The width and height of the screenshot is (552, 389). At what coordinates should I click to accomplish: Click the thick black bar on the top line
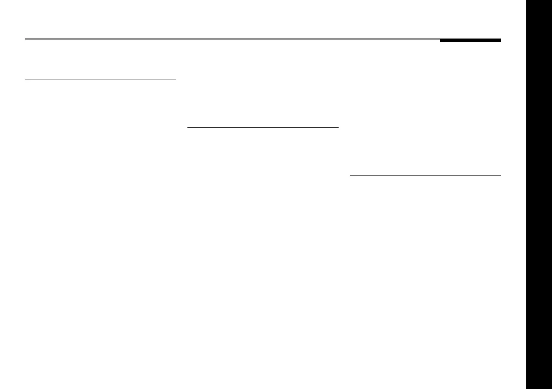click(x=470, y=41)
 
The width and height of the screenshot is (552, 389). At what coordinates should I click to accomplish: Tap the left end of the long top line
click(x=25, y=39)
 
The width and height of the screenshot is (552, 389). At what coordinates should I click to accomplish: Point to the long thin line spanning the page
click(x=232, y=39)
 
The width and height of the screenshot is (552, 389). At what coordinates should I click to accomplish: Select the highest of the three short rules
click(x=101, y=79)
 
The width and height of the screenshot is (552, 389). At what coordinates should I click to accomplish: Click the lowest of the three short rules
click(x=425, y=176)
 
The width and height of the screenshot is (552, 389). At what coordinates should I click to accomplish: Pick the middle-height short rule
click(x=263, y=127)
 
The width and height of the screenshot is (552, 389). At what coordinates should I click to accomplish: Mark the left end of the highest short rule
click(x=25, y=79)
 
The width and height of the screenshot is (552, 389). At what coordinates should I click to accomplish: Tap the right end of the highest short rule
click(x=176, y=79)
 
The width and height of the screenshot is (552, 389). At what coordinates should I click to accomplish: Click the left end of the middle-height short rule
click(x=187, y=127)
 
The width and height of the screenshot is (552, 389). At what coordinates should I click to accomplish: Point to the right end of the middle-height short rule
click(x=339, y=127)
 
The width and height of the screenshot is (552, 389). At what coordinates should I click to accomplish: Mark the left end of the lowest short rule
click(x=349, y=176)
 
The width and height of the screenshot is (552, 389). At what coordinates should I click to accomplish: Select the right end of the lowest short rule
click(x=501, y=176)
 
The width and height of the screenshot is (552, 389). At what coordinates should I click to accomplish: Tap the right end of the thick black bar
click(x=501, y=41)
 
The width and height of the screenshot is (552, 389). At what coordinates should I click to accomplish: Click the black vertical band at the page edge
click(x=539, y=194)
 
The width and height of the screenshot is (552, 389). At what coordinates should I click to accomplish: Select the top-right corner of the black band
click(x=551, y=0)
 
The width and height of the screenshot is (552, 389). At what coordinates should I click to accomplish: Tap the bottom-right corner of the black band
click(x=551, y=388)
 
